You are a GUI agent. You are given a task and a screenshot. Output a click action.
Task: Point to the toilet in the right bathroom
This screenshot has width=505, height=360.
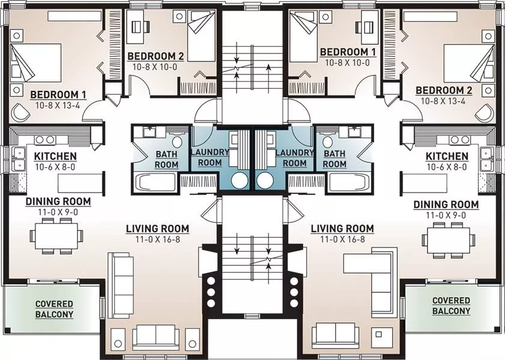tap(328, 142)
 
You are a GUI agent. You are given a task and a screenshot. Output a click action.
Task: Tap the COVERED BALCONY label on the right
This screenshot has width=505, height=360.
tap(451, 305)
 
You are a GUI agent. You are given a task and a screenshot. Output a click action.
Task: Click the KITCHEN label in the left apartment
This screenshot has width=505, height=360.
tap(55, 157)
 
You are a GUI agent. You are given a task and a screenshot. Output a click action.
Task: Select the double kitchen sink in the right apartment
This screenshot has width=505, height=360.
tap(486, 159)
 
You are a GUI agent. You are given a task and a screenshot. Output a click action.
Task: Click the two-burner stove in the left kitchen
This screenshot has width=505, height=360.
tap(45, 140)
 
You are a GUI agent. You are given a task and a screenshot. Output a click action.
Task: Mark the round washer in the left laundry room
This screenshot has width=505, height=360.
tap(240, 181)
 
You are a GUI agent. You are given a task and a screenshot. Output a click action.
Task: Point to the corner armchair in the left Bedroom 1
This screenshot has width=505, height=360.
tap(20, 112)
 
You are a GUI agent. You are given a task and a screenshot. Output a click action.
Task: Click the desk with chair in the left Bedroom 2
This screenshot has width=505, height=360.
tap(138, 26)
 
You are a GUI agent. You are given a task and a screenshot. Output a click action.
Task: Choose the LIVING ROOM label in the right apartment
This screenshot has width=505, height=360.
tap(342, 229)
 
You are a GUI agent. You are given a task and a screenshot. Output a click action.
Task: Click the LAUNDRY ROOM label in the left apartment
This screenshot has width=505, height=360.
tap(210, 157)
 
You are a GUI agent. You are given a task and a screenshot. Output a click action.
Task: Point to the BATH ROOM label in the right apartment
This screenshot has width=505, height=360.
tap(334, 159)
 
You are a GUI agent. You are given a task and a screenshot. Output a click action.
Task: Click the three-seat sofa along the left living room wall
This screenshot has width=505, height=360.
tap(121, 286)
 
